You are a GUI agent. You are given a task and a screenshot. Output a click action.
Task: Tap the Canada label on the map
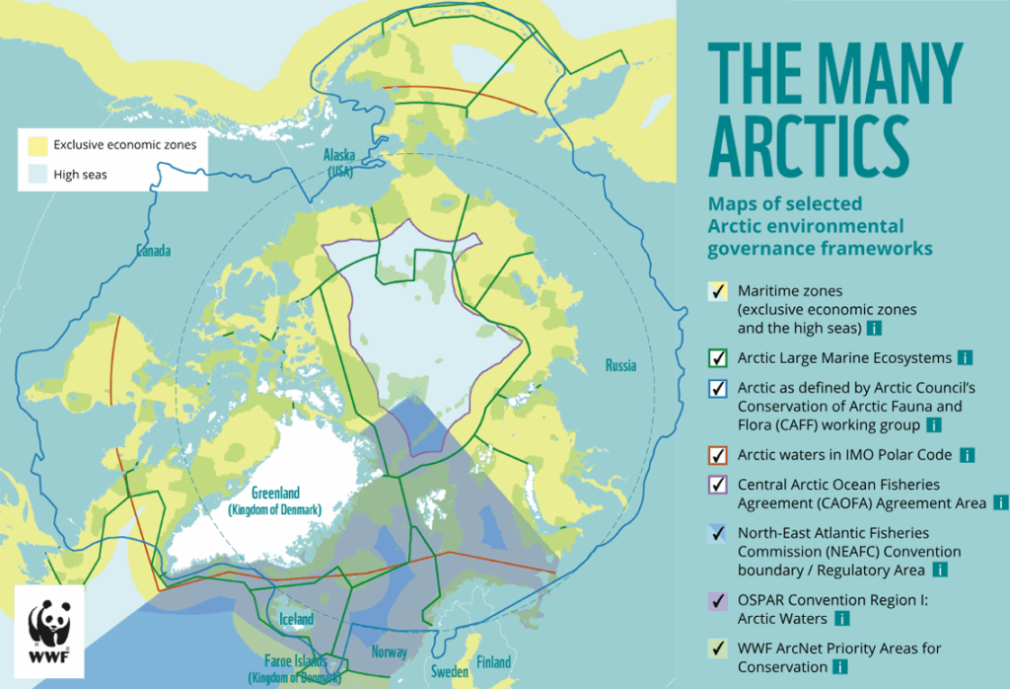153,251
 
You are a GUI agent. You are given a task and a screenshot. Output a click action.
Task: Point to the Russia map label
620,366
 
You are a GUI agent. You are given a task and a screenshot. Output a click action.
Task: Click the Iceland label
296,619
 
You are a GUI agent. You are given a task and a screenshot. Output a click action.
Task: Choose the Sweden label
448,672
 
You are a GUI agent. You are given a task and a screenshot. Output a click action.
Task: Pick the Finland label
494,661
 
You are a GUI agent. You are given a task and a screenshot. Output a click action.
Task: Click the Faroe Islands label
295,669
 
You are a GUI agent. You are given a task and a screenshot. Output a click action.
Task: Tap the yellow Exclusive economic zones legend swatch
37,145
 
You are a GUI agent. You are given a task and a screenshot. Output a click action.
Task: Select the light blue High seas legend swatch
37,175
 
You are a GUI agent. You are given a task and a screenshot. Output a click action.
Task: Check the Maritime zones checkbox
719,292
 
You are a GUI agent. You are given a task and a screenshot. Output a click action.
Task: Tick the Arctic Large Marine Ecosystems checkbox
719,357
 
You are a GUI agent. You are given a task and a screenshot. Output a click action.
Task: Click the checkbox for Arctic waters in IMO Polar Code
719,455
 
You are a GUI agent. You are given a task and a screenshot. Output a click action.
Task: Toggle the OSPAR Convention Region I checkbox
719,600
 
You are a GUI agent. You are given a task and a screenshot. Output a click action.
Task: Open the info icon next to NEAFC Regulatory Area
941,570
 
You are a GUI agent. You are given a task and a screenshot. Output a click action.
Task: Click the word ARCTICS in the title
808,145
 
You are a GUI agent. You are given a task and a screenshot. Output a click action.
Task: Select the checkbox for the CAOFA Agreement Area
719,486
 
